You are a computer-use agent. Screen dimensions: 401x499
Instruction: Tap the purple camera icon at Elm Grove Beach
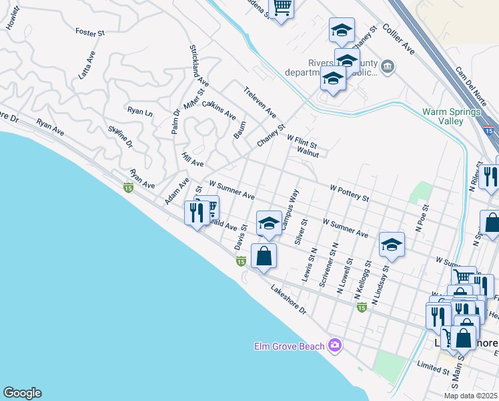click(x=335, y=346)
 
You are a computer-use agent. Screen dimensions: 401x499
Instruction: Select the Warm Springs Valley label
click(x=452, y=117)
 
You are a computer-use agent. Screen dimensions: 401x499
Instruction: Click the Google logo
click(x=22, y=393)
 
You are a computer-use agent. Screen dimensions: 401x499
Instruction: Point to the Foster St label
click(x=90, y=32)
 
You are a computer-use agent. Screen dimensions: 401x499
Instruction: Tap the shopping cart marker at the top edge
click(x=282, y=7)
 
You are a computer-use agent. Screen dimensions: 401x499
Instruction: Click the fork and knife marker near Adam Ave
click(x=195, y=213)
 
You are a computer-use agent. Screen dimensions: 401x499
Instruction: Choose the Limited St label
click(x=433, y=369)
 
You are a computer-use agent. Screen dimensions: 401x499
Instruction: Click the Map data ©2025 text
click(x=470, y=396)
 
